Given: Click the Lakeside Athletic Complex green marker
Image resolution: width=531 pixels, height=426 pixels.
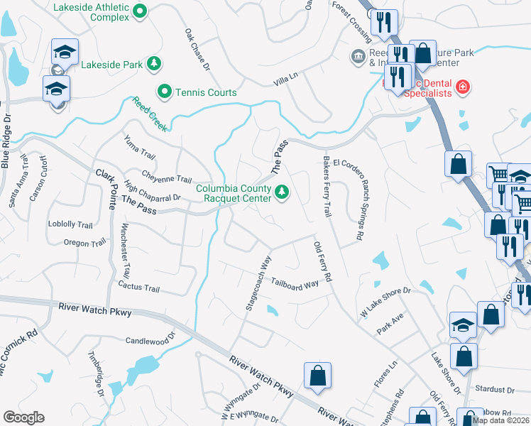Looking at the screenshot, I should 140,11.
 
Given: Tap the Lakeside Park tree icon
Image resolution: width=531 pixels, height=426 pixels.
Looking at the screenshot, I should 154,65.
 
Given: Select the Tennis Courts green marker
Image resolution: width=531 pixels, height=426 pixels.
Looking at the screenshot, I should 165,92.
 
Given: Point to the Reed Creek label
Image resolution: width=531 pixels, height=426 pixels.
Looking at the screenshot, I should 150,114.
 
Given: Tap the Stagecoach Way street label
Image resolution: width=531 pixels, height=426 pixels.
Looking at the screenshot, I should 258,283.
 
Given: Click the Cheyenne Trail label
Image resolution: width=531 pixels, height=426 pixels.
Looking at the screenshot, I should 167,179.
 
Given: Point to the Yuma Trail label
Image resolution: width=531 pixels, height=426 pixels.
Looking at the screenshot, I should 138,148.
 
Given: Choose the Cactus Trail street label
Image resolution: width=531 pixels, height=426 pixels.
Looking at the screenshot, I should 142,288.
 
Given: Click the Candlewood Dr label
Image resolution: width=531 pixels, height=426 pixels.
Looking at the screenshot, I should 150,341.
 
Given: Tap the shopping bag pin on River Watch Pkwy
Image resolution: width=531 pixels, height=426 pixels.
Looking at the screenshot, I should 317,376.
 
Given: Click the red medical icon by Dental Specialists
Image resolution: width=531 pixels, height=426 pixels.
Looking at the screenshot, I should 463,87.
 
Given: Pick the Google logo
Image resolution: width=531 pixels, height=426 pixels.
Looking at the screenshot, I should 23,417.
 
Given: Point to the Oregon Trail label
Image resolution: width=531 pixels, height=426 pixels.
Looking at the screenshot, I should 87,243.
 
